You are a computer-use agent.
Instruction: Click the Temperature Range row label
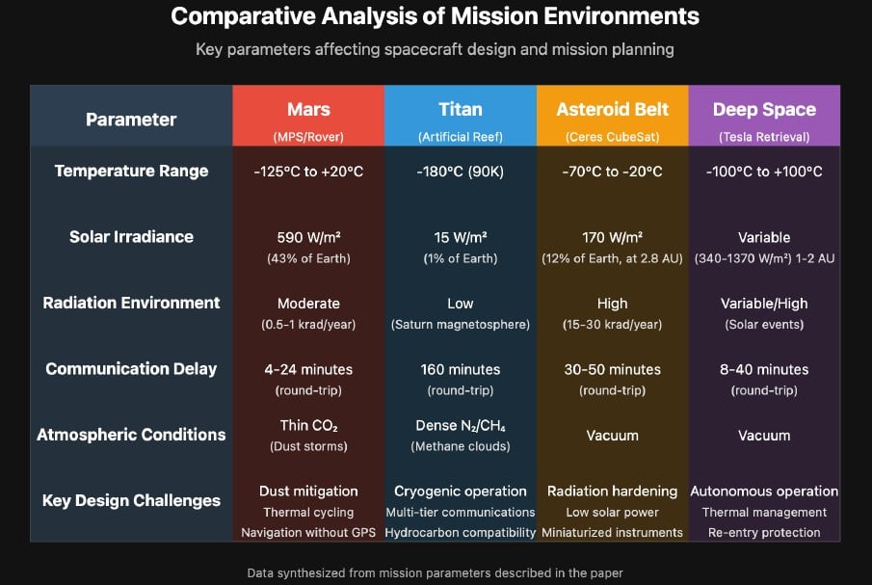(x=131, y=172)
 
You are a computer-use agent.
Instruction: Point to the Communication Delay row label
(x=131, y=369)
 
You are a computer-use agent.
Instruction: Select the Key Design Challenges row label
(x=131, y=500)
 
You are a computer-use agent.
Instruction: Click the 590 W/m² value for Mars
(x=308, y=237)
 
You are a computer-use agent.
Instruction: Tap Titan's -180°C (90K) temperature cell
(x=460, y=172)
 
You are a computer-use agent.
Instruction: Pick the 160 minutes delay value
(x=460, y=369)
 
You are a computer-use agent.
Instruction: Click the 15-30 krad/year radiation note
(x=612, y=324)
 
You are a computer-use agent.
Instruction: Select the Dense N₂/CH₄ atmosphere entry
(x=460, y=426)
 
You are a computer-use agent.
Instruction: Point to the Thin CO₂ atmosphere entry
(x=308, y=426)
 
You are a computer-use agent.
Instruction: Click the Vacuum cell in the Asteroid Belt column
(x=612, y=436)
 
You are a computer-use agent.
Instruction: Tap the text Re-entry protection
(x=764, y=532)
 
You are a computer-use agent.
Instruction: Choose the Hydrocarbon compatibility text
(x=460, y=532)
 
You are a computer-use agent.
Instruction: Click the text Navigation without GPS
(x=308, y=532)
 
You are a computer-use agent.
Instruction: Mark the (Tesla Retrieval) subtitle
(x=764, y=137)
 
